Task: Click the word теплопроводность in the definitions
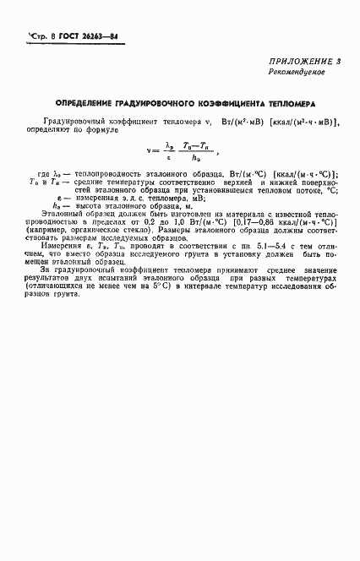(x=109, y=172)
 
